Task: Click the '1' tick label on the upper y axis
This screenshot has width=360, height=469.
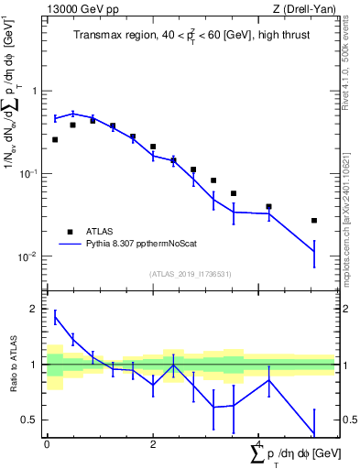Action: tap(35, 91)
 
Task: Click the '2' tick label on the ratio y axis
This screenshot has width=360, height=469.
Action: tap(35, 310)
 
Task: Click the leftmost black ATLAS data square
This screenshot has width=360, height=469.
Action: tap(55, 140)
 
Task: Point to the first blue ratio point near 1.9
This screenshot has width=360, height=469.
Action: tap(55, 317)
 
